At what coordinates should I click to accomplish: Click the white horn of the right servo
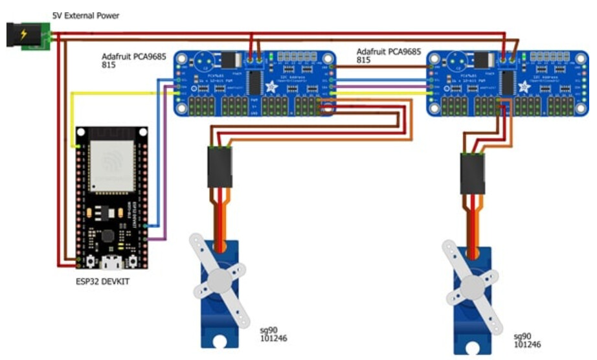pos(471,286)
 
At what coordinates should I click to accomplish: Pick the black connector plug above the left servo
pos(219,166)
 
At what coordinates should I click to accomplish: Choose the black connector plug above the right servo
pos(472,173)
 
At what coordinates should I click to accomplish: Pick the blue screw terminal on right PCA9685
pos(508,60)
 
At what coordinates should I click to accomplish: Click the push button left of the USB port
pos(90,262)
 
